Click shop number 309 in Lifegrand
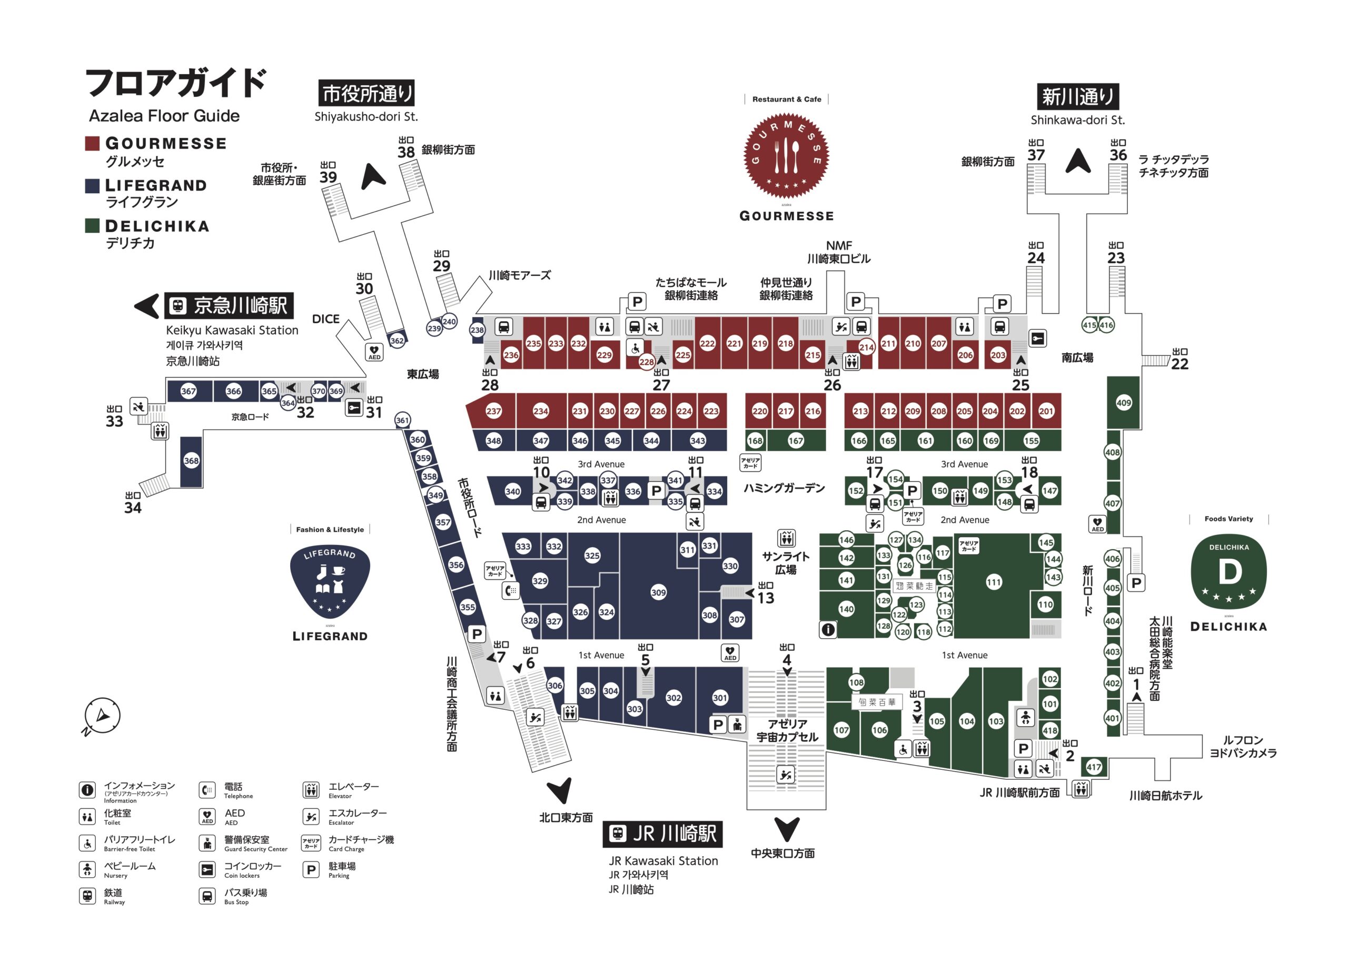pos(658,592)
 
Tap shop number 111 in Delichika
pos(994,582)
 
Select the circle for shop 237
pos(493,411)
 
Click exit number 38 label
pos(405,152)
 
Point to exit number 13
pos(766,598)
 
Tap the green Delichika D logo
pos(1228,572)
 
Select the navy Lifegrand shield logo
pos(330,582)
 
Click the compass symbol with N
pos(102,716)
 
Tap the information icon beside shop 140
pos(828,630)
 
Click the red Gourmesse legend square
pos(92,143)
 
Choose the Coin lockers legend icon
pos(207,870)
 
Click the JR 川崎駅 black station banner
pos(662,834)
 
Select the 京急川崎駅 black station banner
pos(229,305)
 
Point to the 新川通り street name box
pos(1077,97)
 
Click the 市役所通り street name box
pos(366,93)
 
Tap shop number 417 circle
pos(1093,767)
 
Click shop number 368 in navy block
pos(191,461)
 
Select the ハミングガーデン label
pos(784,488)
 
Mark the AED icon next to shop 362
pos(374,352)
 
